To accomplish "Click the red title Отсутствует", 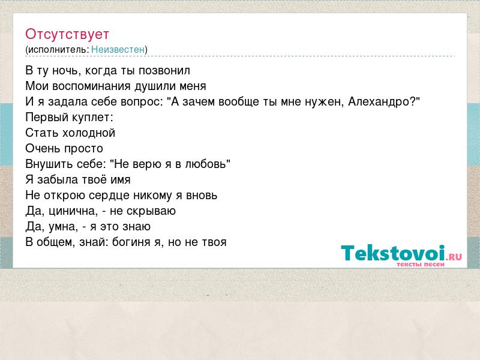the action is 67,34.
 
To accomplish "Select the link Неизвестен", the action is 118,50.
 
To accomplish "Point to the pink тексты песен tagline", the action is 421,264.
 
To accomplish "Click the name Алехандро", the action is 380,101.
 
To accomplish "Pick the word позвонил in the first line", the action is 164,71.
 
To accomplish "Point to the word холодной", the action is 88,133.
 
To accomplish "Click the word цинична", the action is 73,211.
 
